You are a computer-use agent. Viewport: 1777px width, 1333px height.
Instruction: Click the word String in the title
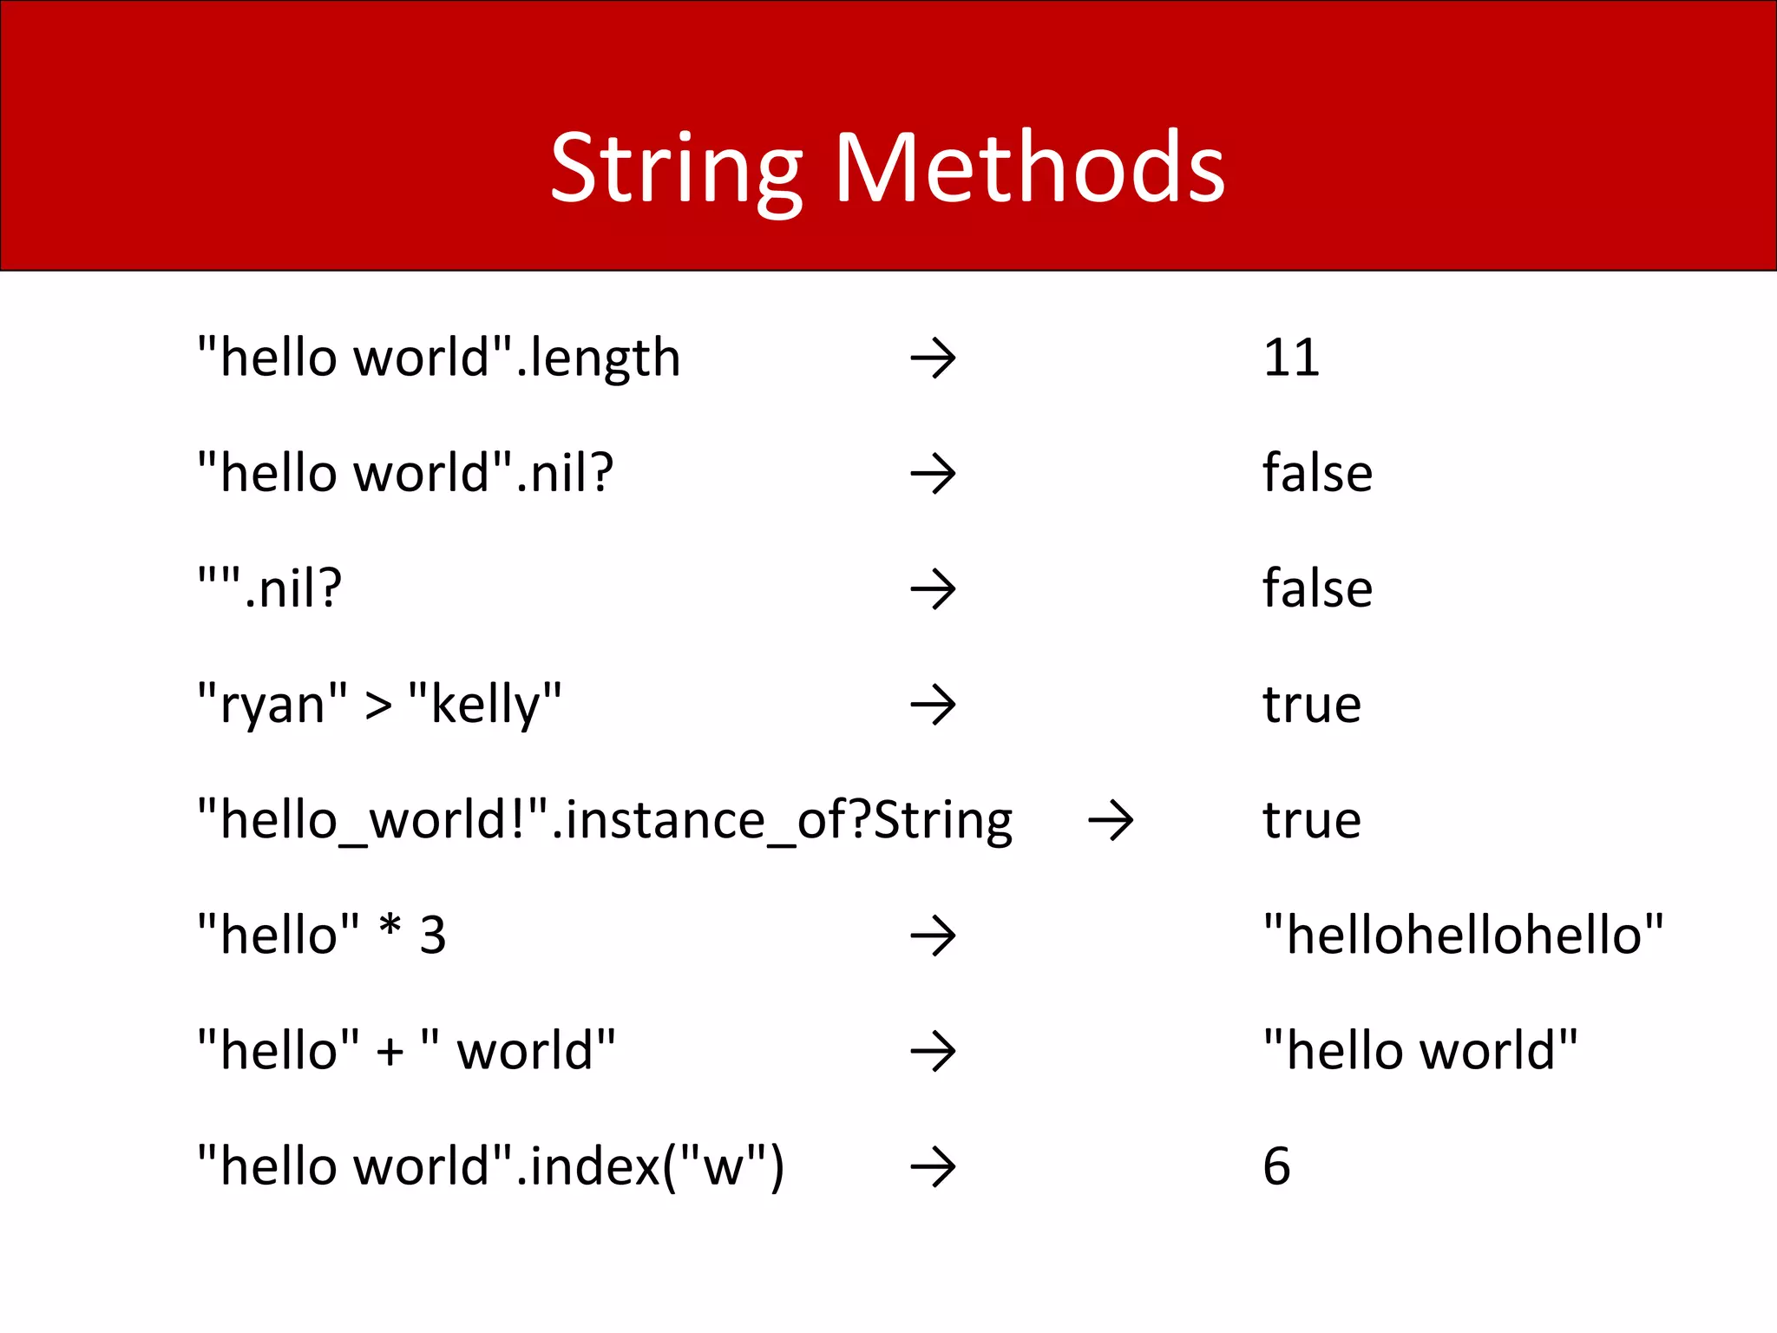676,169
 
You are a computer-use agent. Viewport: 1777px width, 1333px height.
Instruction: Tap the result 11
1291,358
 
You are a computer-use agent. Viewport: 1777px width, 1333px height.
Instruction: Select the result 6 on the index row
1276,1166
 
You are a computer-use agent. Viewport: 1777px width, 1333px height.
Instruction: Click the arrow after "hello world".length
933,358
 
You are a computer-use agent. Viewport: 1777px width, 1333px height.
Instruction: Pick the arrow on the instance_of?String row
1111,821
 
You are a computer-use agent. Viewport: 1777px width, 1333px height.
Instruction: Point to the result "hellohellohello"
1463,935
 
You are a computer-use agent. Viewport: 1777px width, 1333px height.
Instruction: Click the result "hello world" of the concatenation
1420,1050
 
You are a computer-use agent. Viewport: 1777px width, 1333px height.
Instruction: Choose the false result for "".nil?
1317,588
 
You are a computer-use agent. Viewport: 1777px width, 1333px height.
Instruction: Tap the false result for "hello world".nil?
1317,473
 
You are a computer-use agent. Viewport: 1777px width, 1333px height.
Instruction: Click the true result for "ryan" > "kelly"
1311,704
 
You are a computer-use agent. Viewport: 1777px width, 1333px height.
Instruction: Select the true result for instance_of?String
1311,820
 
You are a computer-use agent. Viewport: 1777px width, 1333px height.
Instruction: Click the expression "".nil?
270,588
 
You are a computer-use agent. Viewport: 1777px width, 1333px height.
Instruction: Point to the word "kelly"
484,704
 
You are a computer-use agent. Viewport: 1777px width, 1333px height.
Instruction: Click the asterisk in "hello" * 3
390,927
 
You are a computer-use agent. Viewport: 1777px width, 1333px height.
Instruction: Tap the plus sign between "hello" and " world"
390,1052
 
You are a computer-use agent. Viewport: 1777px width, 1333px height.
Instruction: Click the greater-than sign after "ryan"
378,706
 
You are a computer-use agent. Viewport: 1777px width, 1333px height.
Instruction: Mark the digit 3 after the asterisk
433,936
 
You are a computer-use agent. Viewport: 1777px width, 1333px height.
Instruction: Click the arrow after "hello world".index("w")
933,1167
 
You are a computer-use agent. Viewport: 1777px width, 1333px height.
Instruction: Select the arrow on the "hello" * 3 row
933,936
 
